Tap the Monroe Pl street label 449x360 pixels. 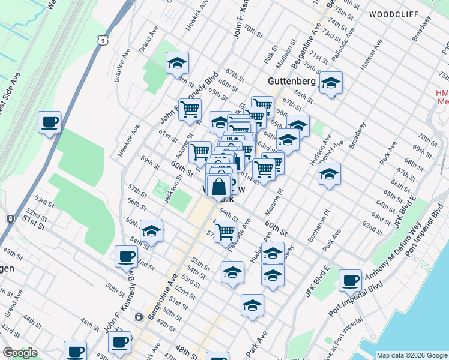(279, 197)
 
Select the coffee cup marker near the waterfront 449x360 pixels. (350, 280)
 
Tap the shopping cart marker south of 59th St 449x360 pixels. (225, 232)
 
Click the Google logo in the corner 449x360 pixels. (20, 353)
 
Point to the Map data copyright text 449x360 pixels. (412, 355)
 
